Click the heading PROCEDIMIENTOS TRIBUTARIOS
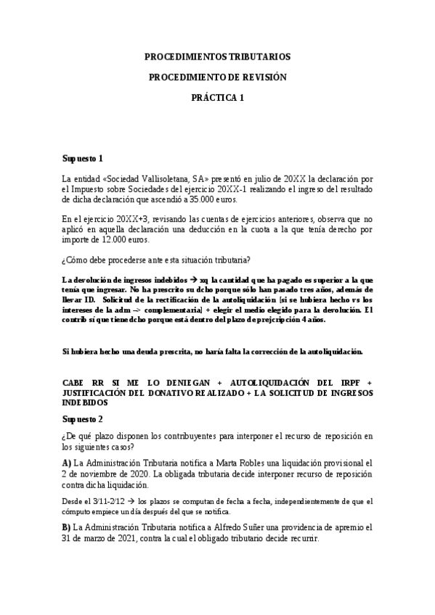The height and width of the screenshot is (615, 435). tap(217, 56)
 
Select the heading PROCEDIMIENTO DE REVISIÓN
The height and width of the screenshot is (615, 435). tap(217, 77)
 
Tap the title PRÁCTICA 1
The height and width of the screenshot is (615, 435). tap(217, 98)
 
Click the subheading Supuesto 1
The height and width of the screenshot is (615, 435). tap(83, 158)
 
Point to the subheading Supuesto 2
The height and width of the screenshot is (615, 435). tap(83, 419)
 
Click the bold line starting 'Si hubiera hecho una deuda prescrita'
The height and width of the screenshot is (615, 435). tap(212, 352)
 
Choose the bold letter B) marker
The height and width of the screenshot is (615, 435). tap(67, 528)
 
